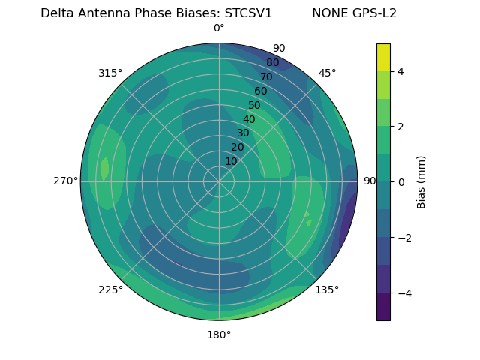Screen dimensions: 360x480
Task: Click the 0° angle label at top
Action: (219, 28)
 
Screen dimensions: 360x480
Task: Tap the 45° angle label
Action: (327, 73)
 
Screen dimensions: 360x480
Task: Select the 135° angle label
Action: (327, 289)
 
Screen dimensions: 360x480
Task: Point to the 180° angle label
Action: (219, 334)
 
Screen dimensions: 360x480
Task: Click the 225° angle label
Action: (110, 289)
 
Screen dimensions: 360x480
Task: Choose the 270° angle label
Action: (66, 181)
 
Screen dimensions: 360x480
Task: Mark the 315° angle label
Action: (110, 73)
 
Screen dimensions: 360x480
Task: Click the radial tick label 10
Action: (231, 161)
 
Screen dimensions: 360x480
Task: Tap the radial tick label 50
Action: (254, 106)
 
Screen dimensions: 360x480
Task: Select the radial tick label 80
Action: (272, 63)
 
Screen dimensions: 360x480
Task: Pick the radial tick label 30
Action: (243, 133)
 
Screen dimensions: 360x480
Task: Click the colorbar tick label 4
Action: (400, 71)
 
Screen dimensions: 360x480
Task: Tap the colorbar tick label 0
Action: (400, 182)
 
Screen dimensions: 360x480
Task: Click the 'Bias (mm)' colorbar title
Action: (421, 182)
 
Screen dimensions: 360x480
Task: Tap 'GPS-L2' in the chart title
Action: (374, 13)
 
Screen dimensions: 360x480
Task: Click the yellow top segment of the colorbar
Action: (383, 57)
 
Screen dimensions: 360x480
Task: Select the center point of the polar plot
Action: (219, 181)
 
